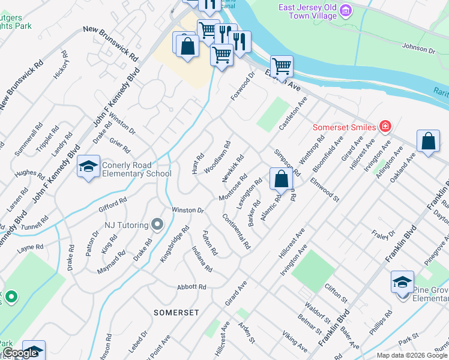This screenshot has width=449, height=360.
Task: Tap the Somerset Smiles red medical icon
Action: (385, 127)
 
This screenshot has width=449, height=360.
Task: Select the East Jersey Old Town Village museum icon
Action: (345, 10)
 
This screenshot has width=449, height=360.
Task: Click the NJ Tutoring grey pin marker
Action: (157, 225)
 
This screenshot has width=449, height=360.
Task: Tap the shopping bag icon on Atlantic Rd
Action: (281, 178)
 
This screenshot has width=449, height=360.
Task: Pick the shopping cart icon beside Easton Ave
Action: (281, 66)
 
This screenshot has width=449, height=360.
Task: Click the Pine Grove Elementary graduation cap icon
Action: (402, 282)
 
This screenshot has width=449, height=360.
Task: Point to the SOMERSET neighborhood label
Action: (176, 313)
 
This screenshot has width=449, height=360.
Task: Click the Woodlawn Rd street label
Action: (218, 157)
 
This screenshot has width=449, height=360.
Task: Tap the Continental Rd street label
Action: (236, 232)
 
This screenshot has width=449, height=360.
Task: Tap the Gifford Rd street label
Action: (113, 205)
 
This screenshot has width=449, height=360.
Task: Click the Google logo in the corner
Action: (20, 353)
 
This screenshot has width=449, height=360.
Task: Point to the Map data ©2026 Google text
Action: (411, 355)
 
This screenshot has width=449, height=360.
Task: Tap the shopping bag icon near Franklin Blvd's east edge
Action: (429, 142)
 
